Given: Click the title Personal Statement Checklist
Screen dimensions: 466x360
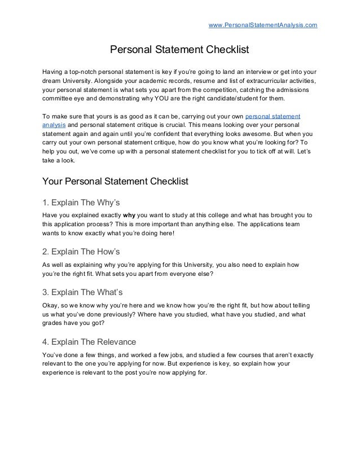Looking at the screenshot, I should [179, 50].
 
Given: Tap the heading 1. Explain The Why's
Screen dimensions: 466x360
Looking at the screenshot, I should [82, 202].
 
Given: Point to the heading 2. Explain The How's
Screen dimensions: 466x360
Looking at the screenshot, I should [82, 251].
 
